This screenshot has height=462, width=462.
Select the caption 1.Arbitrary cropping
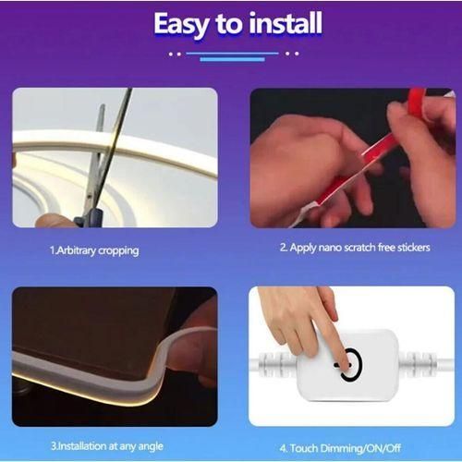coord(95,249)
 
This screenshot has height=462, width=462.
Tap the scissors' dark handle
coord(88,218)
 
